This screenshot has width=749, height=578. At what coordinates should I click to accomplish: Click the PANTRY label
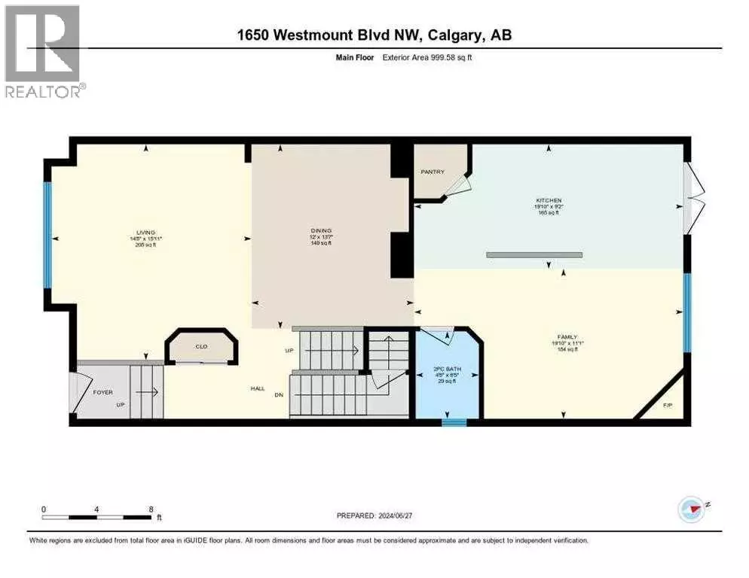point(432,172)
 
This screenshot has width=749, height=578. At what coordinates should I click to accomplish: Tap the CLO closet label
point(201,347)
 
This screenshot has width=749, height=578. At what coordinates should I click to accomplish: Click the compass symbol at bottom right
point(691,510)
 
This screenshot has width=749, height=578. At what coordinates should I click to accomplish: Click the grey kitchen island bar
point(533,255)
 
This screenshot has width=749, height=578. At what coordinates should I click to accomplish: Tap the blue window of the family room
point(686,312)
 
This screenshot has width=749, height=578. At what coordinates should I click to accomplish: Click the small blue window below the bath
point(454,422)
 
